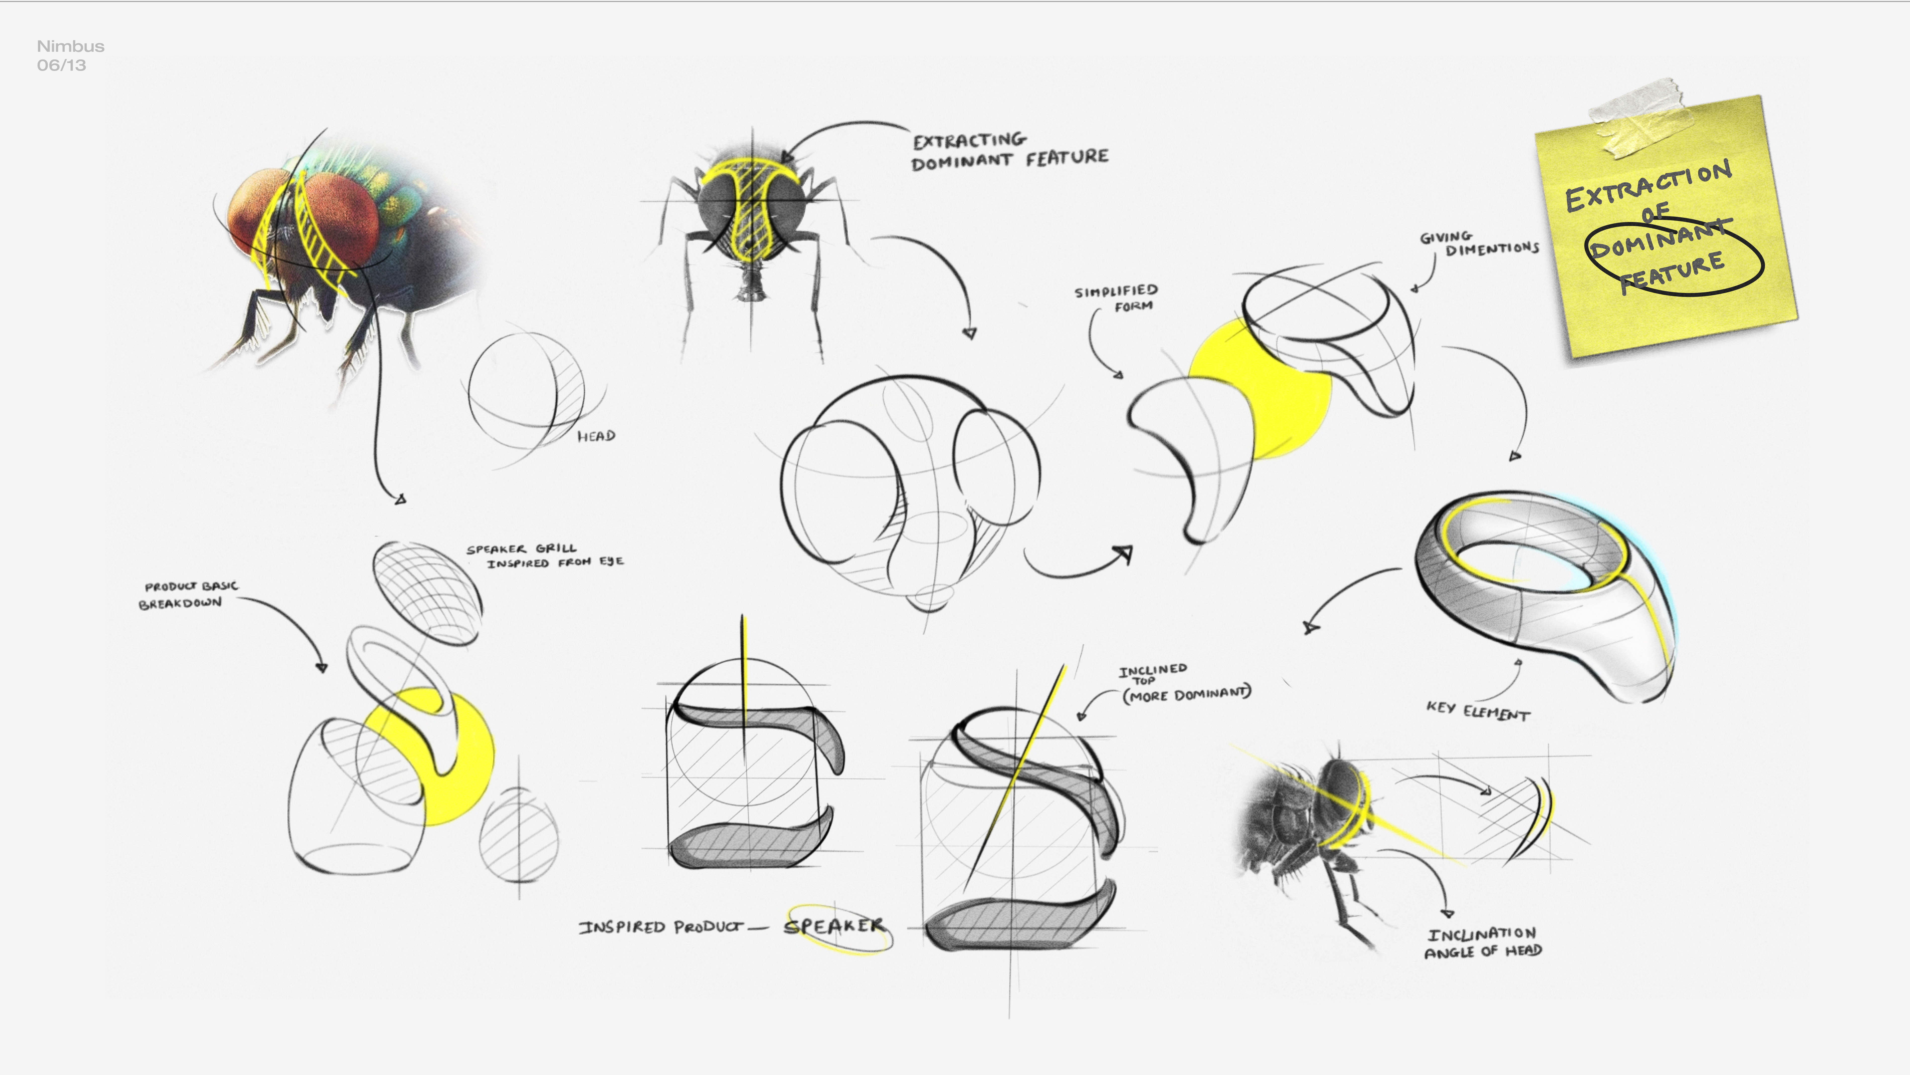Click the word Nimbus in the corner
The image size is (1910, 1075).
click(x=70, y=46)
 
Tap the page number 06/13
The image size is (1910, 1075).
click(x=61, y=65)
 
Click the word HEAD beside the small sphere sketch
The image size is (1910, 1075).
click(x=596, y=436)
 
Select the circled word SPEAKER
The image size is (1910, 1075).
click(x=834, y=926)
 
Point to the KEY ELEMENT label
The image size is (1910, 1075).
click(x=1478, y=711)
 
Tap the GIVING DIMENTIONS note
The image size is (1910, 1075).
click(x=1479, y=244)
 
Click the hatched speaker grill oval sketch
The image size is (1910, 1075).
click(x=426, y=591)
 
